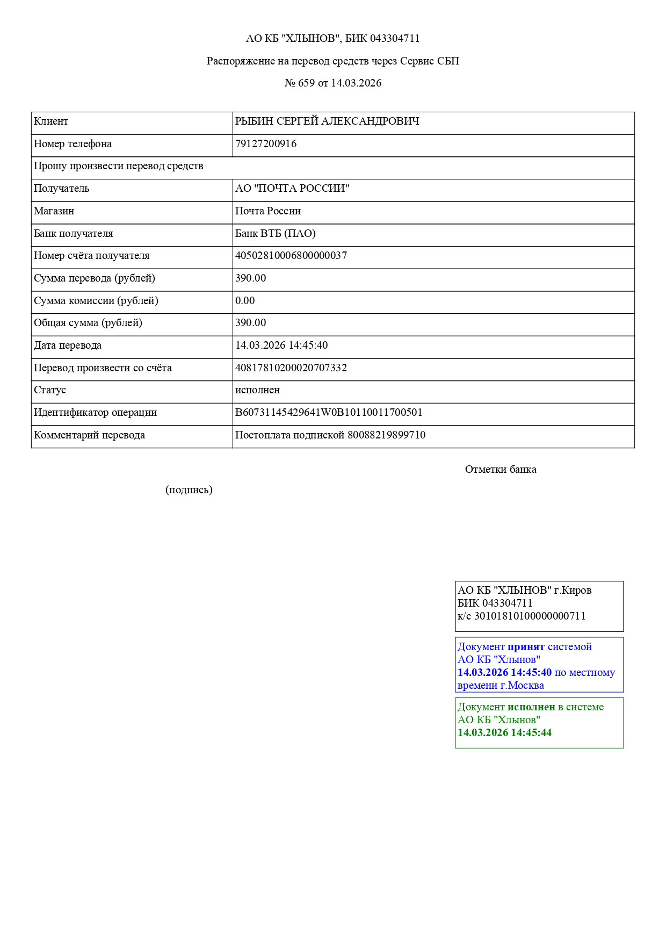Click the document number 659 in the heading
tap(306, 83)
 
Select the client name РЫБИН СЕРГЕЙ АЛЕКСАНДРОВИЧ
tap(327, 121)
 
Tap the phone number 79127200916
tap(266, 144)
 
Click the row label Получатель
tap(62, 189)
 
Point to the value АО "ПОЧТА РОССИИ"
tap(292, 189)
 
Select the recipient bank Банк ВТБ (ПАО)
tap(276, 234)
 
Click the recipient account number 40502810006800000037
tap(291, 256)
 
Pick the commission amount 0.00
tap(245, 301)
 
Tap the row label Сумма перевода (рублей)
tap(95, 278)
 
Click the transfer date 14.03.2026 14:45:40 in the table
tap(281, 345)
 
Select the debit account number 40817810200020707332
tap(291, 368)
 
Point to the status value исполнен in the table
tap(258, 390)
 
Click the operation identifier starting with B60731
tap(329, 413)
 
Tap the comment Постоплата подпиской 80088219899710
tap(330, 435)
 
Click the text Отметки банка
tap(501, 470)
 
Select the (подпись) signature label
tap(189, 490)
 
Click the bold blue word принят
tap(526, 647)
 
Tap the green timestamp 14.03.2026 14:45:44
tap(504, 733)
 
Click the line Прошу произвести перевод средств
tap(119, 166)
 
